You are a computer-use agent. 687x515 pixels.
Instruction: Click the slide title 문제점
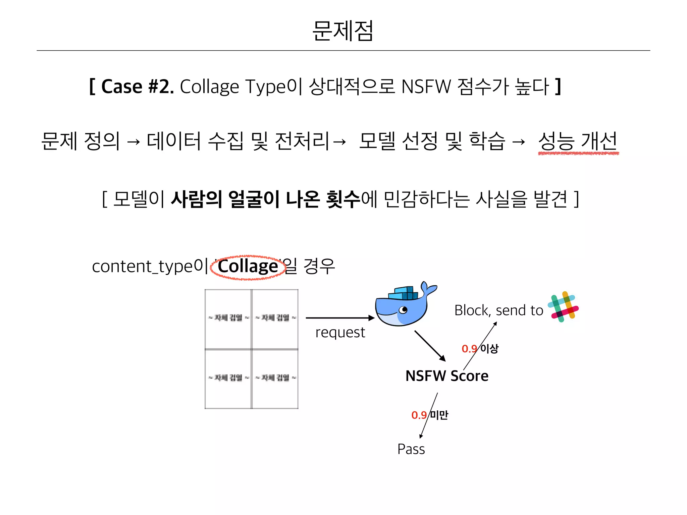(343, 31)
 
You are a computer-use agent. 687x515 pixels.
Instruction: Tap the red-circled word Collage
(248, 267)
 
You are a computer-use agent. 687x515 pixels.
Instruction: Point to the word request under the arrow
(340, 333)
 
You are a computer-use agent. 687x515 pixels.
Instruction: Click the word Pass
(411, 449)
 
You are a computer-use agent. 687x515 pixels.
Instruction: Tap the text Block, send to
(499, 310)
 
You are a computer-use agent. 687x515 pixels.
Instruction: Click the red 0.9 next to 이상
(469, 349)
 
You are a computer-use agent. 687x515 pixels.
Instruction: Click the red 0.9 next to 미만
(419, 415)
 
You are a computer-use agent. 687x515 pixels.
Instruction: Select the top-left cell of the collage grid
(228, 319)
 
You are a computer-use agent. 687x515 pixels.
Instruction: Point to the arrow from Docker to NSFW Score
(430, 346)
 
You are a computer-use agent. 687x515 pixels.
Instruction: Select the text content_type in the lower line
(143, 267)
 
